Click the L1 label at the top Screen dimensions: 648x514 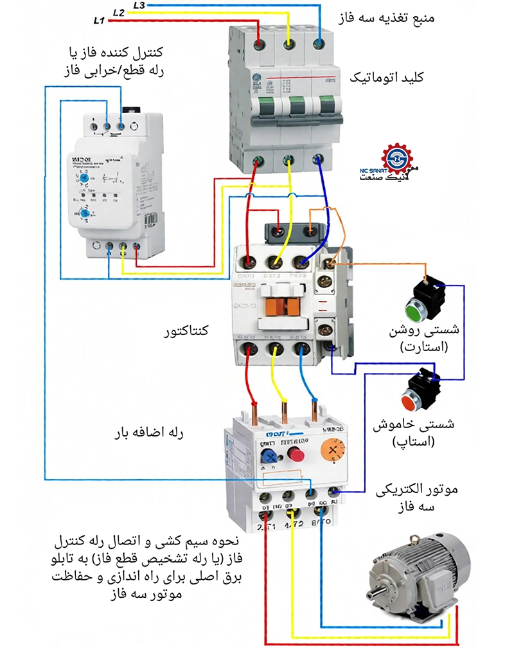[x=98, y=21]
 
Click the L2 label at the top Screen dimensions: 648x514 [x=118, y=12]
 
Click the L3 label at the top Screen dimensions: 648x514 [x=139, y=4]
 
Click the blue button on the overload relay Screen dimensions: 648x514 [x=266, y=455]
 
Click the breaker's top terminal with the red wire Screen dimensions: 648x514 [x=259, y=43]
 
